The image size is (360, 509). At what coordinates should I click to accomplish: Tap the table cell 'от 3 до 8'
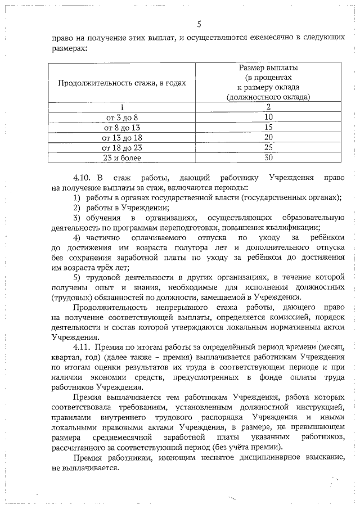pyautogui.click(x=121, y=117)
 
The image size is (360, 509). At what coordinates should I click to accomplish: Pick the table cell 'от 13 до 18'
pyautogui.click(x=121, y=137)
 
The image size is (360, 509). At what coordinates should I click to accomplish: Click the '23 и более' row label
pyautogui.click(x=121, y=157)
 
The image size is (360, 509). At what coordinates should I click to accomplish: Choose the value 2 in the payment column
pyautogui.click(x=268, y=107)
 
